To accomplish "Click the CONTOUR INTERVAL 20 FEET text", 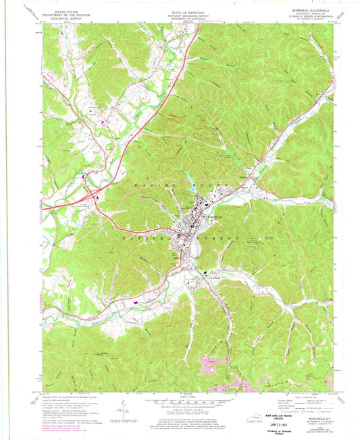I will click(x=181, y=411).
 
